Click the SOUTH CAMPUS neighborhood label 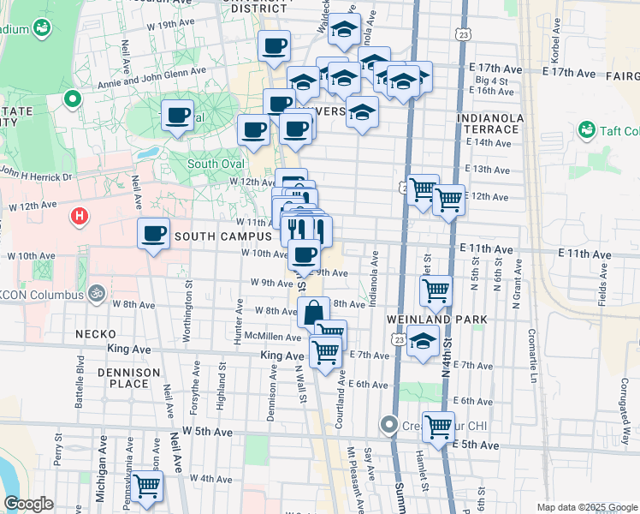[222, 236]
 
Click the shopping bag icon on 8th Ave [314, 313]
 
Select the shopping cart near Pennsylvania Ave [146, 486]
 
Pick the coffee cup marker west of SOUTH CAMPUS [154, 233]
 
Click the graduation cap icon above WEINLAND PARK [423, 340]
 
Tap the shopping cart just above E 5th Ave [438, 426]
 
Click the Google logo [28, 504]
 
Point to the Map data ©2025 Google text [587, 507]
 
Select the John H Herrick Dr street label [38, 176]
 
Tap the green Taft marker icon [587, 130]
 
